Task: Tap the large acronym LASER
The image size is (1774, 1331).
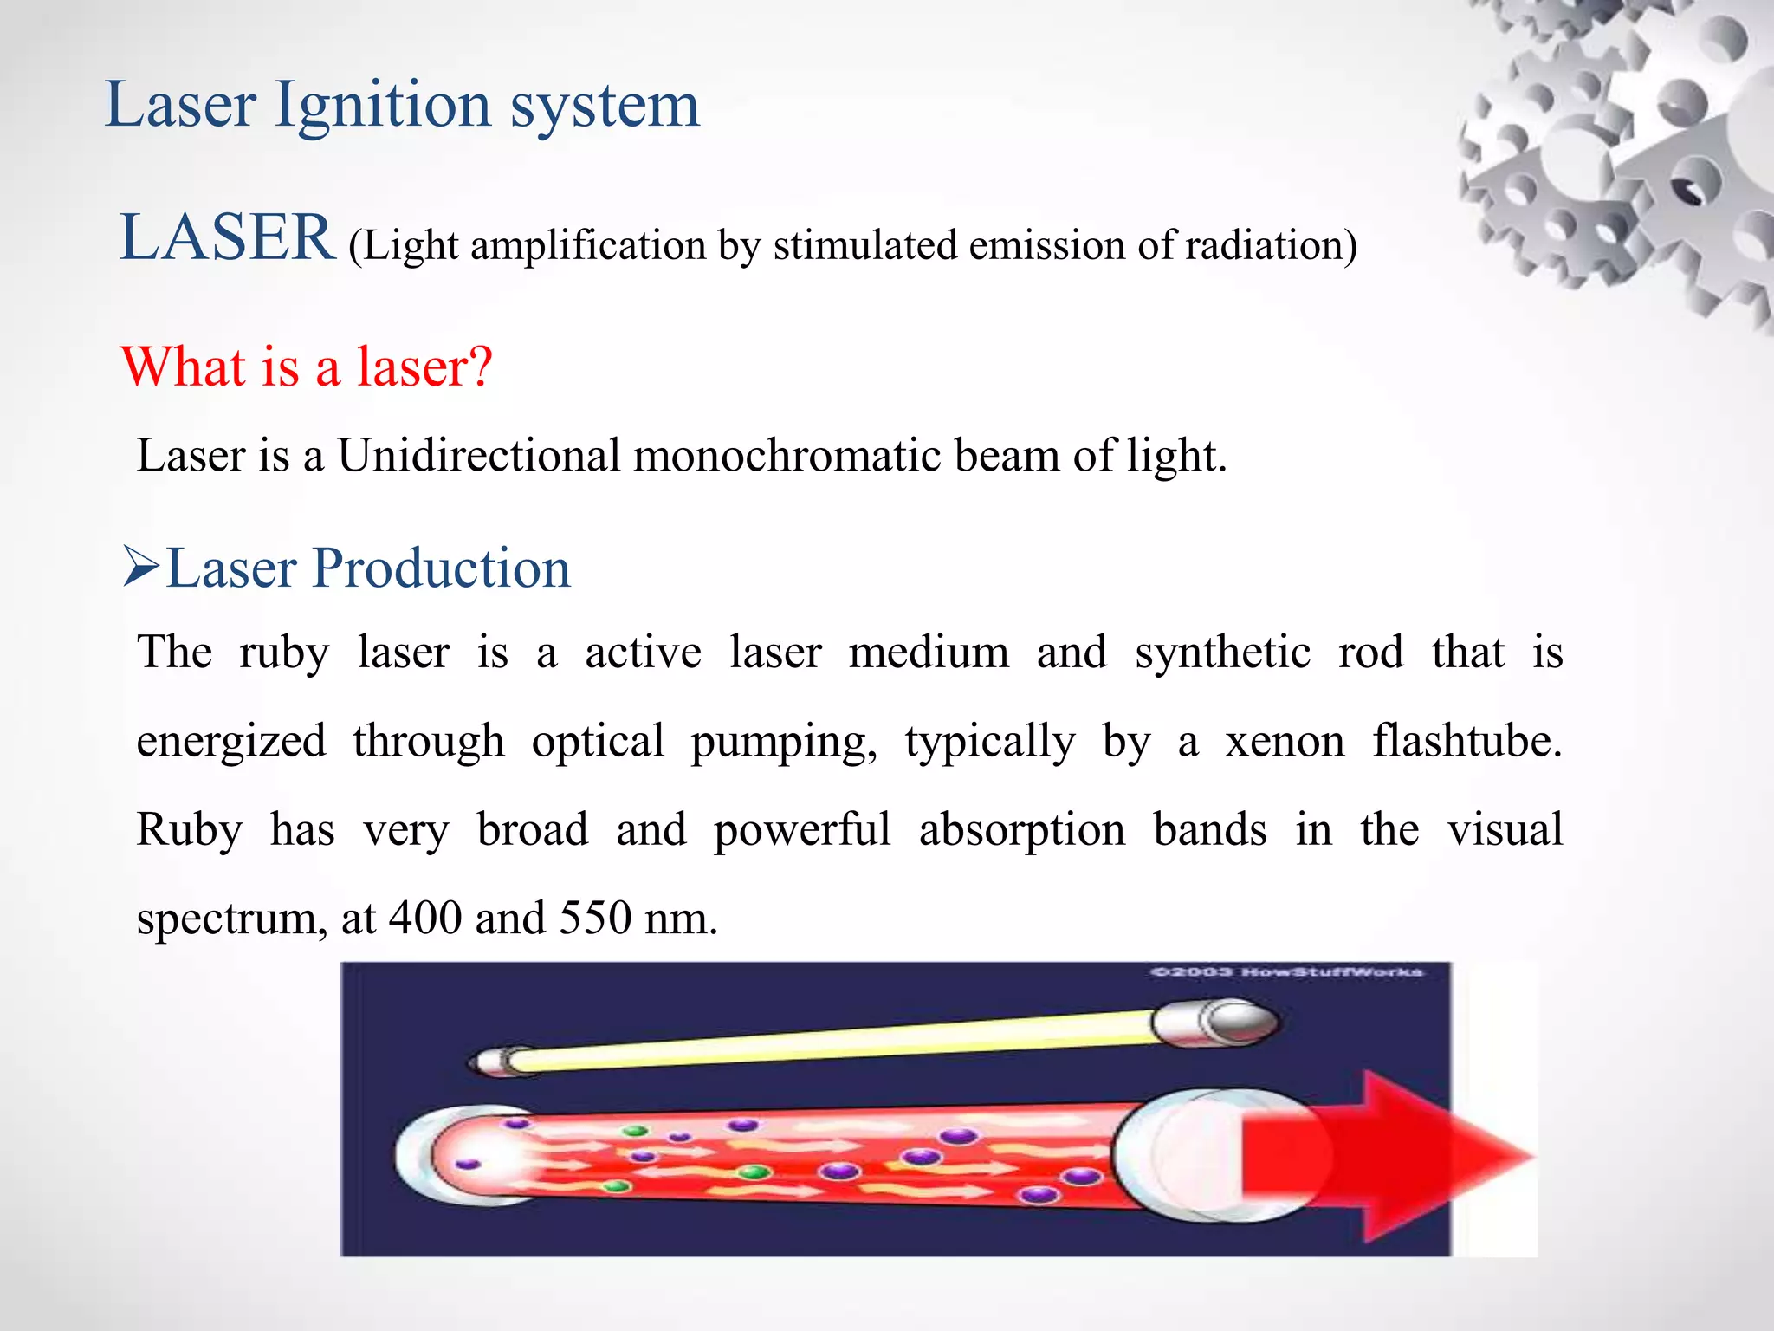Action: click(x=227, y=238)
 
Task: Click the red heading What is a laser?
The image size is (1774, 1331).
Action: click(x=307, y=367)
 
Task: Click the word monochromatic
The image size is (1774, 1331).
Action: click(x=787, y=457)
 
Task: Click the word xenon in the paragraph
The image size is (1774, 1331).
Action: click(x=1284, y=743)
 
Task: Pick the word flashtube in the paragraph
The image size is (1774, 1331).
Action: click(x=1464, y=743)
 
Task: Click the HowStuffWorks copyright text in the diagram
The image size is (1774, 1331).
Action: click(x=1285, y=972)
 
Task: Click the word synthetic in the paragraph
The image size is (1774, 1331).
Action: click(x=1222, y=653)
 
